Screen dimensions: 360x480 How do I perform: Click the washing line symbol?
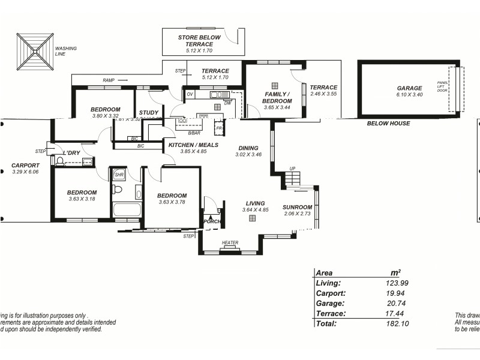(x=35, y=52)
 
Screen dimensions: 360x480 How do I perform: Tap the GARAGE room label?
(x=409, y=88)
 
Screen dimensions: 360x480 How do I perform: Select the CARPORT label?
(x=25, y=166)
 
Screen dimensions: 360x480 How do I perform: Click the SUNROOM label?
(x=297, y=208)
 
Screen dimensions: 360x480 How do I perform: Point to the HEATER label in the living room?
(x=230, y=243)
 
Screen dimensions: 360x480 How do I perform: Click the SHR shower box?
(x=118, y=175)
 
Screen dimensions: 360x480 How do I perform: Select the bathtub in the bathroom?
(x=127, y=209)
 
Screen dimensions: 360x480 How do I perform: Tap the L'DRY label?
(x=71, y=153)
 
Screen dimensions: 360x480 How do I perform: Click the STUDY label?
(x=149, y=112)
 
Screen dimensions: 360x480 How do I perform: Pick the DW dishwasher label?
(x=227, y=103)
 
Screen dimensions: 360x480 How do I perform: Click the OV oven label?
(x=190, y=94)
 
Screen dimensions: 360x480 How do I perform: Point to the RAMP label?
(x=109, y=80)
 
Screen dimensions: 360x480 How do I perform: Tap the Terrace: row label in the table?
(x=330, y=313)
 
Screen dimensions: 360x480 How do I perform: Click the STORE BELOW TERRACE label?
(x=199, y=41)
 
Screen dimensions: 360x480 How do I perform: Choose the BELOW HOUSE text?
(x=388, y=124)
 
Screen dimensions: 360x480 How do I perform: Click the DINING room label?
(x=248, y=148)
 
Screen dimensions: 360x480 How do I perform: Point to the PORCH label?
(x=212, y=221)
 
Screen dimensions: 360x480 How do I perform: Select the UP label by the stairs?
(x=292, y=169)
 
